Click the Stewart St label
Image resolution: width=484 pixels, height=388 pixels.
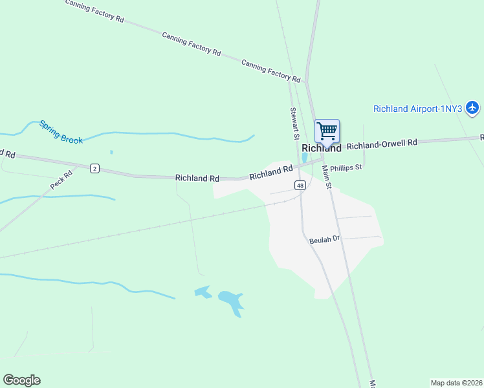coord(294,124)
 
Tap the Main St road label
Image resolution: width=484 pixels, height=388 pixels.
coord(327,177)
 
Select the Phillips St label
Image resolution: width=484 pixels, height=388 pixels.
coord(346,167)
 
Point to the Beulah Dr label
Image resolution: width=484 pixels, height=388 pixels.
coord(324,239)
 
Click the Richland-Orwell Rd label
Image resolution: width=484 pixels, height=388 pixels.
coord(382,144)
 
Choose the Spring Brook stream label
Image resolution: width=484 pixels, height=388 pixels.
coord(61,132)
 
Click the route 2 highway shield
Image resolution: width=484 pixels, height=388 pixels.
coord(94,169)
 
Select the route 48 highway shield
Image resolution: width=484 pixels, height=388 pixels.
coord(300,186)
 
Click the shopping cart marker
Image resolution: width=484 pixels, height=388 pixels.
coord(327,131)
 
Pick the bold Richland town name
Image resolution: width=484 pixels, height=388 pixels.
coord(321,148)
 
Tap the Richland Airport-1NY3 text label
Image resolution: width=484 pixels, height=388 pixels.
coord(417,109)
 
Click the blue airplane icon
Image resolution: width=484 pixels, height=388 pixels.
coord(473,107)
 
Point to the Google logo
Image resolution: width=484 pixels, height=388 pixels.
coord(21,380)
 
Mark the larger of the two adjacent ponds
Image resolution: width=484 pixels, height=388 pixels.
coord(231,300)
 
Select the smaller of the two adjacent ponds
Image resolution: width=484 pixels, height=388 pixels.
coord(203,292)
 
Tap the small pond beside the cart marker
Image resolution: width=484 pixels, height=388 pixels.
coord(305,157)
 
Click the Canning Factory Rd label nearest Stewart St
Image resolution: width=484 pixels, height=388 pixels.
coord(271,70)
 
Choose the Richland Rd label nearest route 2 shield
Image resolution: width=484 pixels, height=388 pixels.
coord(197,178)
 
